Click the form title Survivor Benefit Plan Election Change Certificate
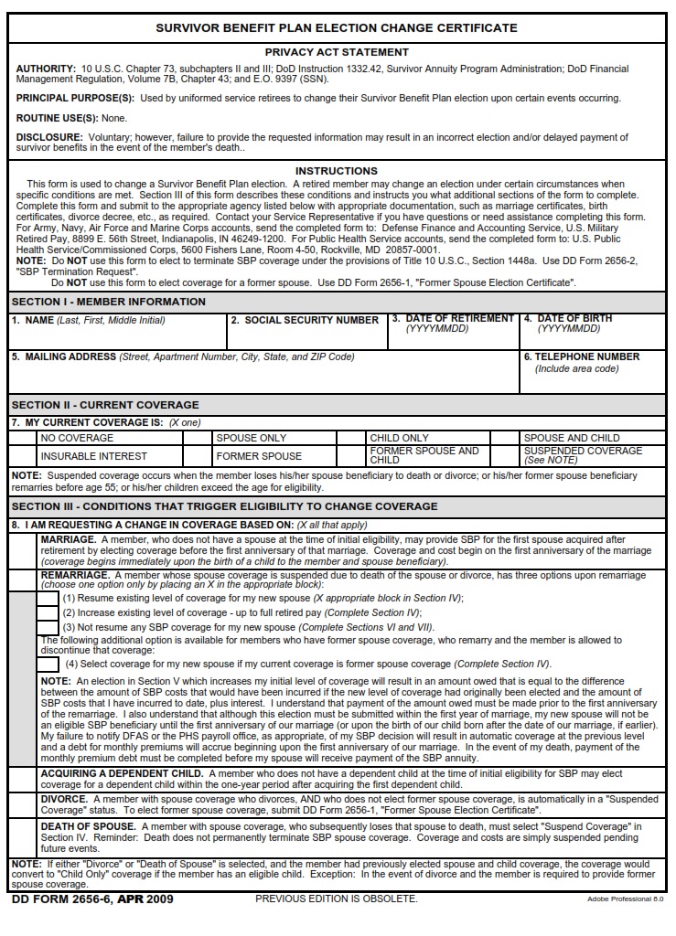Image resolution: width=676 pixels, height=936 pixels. pos(337,27)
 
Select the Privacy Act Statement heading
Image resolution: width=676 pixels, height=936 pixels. pos(337,52)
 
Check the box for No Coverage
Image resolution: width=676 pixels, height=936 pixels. pos(23,438)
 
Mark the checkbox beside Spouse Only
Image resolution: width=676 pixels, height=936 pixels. pos(198,438)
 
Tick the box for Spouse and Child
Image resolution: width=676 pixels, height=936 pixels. pos(505,438)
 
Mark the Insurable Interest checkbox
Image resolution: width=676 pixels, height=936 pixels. pos(23,455)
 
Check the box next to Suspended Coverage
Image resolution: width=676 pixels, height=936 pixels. pos(505,455)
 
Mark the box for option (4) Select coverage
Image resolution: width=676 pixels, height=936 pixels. pos(48,664)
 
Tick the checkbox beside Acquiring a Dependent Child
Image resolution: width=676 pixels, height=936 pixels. pos(23,779)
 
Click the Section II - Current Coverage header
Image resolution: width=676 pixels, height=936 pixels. pos(105,405)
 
